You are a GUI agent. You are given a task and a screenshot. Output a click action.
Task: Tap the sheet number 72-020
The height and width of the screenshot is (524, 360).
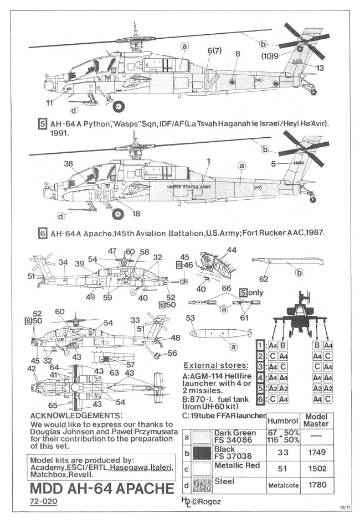click(43, 504)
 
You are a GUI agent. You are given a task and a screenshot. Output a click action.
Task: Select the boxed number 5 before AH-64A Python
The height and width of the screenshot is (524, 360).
click(42, 124)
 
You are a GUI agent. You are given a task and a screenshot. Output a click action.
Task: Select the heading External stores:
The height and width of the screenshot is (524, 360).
click(214, 366)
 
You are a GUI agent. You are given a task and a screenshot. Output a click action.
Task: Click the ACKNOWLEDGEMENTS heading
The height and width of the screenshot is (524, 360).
click(74, 415)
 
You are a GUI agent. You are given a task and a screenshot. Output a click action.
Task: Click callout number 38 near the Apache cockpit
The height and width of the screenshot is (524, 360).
click(68, 164)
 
